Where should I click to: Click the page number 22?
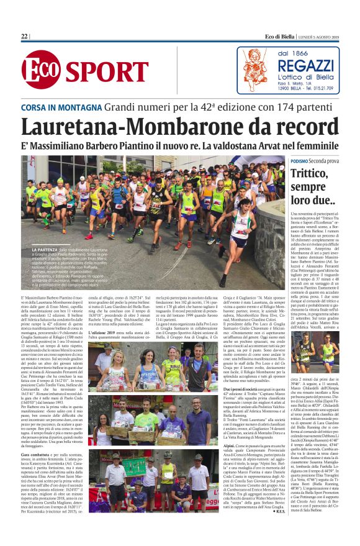pos(25,37)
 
